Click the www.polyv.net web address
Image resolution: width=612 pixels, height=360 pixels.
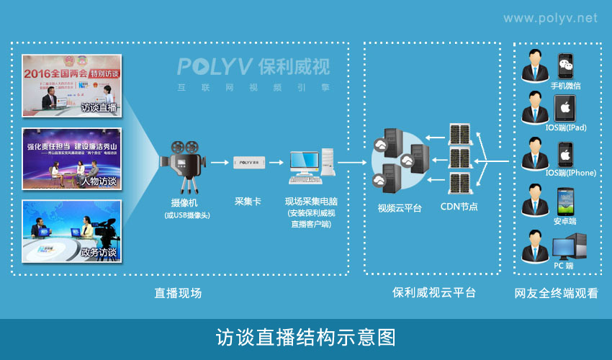(x=550, y=18)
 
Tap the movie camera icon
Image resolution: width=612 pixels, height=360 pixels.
(x=181, y=163)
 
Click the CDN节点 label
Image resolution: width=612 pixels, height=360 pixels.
(x=459, y=207)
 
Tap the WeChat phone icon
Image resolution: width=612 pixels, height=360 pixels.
(x=566, y=66)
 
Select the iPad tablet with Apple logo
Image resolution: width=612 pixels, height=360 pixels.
(x=566, y=108)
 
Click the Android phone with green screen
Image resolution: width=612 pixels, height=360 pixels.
(x=566, y=200)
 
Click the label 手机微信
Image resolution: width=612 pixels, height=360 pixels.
(x=566, y=86)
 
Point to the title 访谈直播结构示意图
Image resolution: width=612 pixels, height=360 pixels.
(x=306, y=338)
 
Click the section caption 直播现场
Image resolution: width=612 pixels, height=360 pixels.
(x=178, y=293)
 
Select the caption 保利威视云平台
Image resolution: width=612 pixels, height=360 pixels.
(x=434, y=293)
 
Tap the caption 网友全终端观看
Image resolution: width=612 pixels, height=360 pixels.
(x=556, y=294)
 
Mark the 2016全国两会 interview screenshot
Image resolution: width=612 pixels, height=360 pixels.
(x=71, y=86)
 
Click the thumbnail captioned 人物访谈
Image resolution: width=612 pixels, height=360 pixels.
(x=71, y=158)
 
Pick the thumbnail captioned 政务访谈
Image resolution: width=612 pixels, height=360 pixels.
(x=71, y=230)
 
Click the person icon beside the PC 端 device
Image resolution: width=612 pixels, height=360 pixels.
(x=536, y=246)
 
